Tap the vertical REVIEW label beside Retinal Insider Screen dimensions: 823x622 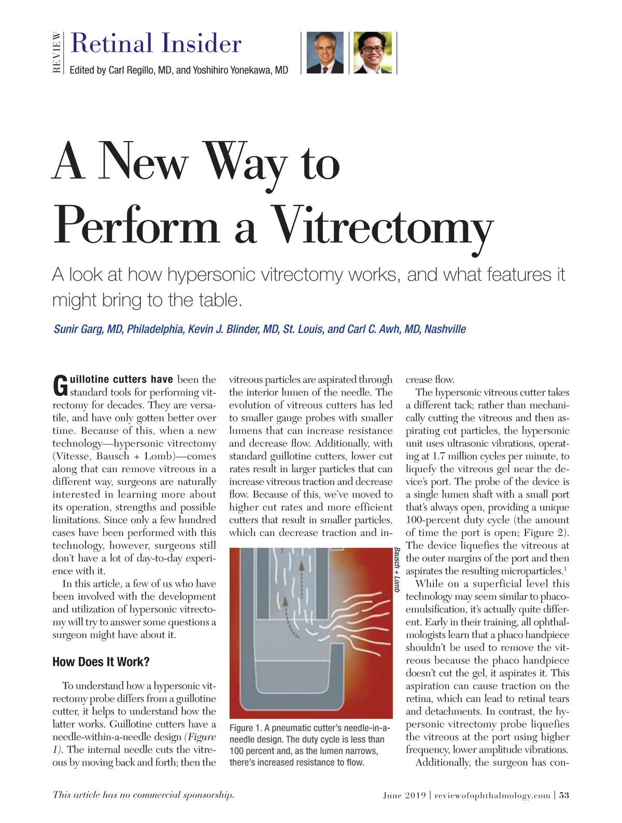pyautogui.click(x=57, y=52)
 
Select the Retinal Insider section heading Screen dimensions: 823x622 pyautogui.click(x=155, y=43)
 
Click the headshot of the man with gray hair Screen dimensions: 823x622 pyautogui.click(x=324, y=52)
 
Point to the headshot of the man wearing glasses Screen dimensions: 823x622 pyautogui.click(x=372, y=52)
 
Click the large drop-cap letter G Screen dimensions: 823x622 pyautogui.click(x=60, y=385)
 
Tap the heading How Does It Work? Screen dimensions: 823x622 pyautogui.click(x=101, y=662)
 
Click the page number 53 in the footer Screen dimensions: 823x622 pyautogui.click(x=564, y=796)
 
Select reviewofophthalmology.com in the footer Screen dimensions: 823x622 pyautogui.click(x=492, y=796)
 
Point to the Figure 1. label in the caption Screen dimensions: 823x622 pyautogui.click(x=246, y=728)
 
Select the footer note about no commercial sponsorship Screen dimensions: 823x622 pyautogui.click(x=143, y=795)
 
